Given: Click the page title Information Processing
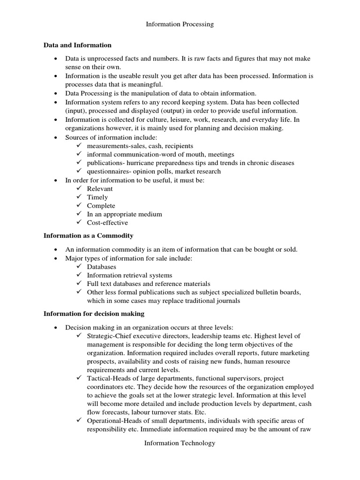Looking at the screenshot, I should (180, 24).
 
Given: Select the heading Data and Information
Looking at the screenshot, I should (77, 45).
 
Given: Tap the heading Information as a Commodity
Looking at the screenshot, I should (89, 236).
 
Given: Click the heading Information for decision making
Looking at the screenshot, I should (94, 314).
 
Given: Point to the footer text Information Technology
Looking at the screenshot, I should (180, 443).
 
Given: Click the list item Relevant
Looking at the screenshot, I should (100, 189).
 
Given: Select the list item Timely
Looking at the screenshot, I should (97, 197).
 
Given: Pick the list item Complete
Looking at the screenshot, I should (101, 206).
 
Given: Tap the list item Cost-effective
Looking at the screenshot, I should (107, 223).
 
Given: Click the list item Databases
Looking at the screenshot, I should (102, 267).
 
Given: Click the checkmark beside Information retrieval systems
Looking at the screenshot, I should (78, 275).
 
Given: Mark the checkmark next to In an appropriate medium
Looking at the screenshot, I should (78, 214).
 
